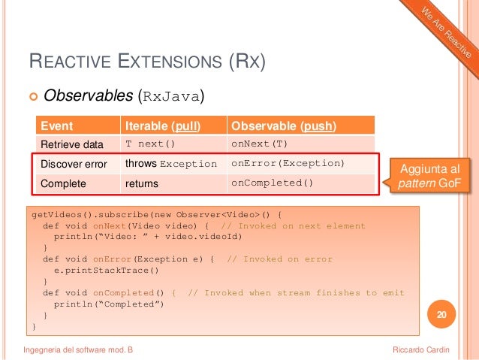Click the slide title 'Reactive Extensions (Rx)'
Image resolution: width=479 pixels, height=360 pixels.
pyautogui.click(x=146, y=61)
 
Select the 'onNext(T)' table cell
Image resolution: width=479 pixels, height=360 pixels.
pyautogui.click(x=259, y=144)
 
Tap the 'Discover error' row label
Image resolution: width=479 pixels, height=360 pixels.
pyautogui.click(x=74, y=164)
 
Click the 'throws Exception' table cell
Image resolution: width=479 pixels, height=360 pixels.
pyautogui.click(x=170, y=164)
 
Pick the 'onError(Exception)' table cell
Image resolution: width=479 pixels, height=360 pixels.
pyautogui.click(x=288, y=164)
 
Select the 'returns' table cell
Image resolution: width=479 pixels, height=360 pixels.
pyautogui.click(x=142, y=183)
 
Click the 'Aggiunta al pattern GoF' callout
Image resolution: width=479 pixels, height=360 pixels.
pyautogui.click(x=432, y=174)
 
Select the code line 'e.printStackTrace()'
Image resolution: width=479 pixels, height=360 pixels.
pyautogui.click(x=105, y=270)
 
